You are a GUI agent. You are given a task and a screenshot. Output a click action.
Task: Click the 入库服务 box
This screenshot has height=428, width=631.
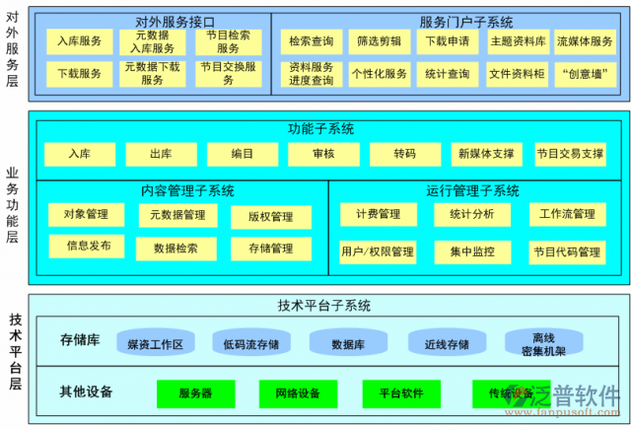[79, 41]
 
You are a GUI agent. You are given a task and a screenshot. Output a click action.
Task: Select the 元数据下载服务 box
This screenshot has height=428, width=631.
[152, 74]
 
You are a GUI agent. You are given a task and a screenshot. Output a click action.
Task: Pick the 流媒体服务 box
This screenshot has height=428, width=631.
[585, 41]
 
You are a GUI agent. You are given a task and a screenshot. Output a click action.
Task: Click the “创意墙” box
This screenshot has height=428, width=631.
[585, 73]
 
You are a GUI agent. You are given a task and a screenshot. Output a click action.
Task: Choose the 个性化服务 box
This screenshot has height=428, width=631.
[380, 73]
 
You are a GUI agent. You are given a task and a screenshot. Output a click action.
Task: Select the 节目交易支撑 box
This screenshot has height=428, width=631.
[570, 154]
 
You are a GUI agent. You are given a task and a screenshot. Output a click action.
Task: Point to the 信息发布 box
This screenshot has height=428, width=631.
[89, 246]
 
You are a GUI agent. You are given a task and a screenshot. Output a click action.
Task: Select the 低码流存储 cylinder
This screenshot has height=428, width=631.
[250, 343]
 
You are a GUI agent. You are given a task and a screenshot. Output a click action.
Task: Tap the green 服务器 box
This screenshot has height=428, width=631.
[196, 393]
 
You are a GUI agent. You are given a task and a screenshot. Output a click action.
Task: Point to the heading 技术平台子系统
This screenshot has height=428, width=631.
[324, 306]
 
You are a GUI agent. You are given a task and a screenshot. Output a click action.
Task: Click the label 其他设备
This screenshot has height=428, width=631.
[86, 392]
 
